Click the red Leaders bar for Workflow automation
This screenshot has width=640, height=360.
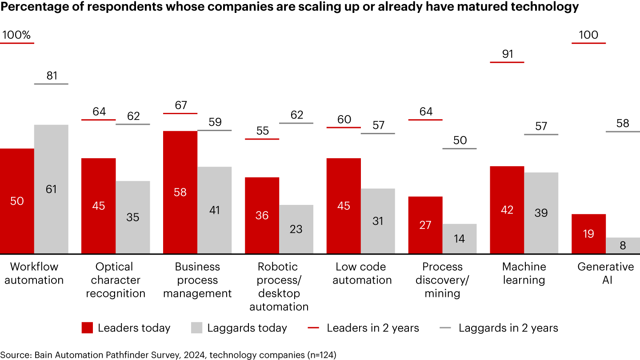pyautogui.click(x=17, y=201)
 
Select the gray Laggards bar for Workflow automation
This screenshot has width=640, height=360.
pyautogui.click(x=51, y=189)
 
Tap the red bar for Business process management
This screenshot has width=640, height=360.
pyautogui.click(x=180, y=192)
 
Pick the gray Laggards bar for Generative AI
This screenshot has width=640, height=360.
pyautogui.click(x=623, y=245)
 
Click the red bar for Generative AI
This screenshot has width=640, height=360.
pyautogui.click(x=588, y=234)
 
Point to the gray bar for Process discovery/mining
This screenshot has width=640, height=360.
pyautogui.click(x=460, y=239)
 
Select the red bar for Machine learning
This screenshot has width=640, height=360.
pyautogui.click(x=507, y=210)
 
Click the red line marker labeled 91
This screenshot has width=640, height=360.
pyautogui.click(x=507, y=62)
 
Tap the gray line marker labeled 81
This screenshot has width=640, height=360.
pyautogui.click(x=51, y=84)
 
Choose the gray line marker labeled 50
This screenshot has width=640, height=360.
pyautogui.click(x=460, y=148)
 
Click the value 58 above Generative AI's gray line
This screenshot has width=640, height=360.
pyautogui.click(x=623, y=123)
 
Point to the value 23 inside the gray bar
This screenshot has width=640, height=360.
pyautogui.click(x=296, y=229)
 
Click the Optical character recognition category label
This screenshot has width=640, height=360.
pyautogui.click(x=116, y=280)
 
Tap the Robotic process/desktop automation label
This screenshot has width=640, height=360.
pyautogui.click(x=279, y=287)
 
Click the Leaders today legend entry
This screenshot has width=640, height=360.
pyautogui.click(x=126, y=328)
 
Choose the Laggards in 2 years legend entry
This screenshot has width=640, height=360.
pyautogui.click(x=500, y=328)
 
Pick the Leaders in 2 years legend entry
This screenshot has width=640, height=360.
pyautogui.click(x=364, y=328)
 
